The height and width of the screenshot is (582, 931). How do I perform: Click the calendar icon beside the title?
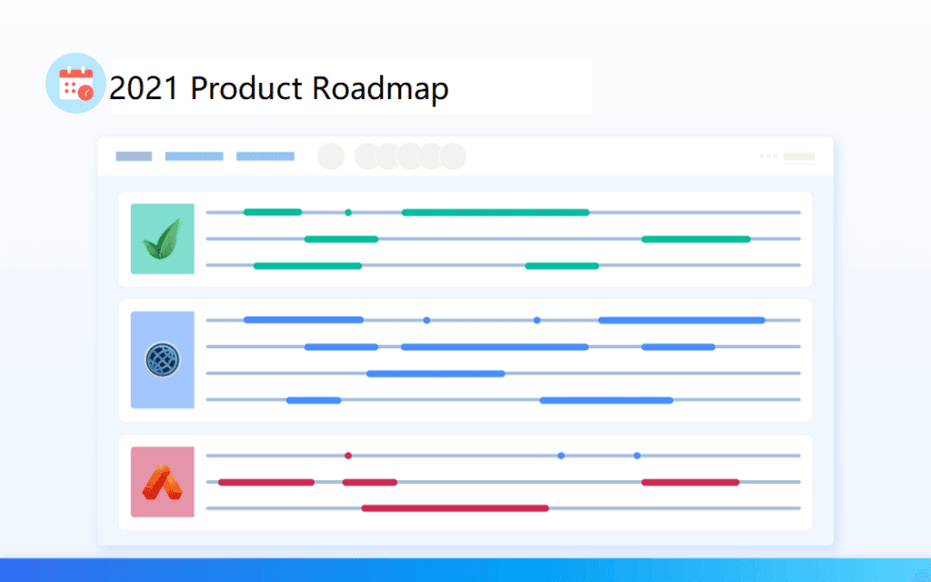point(75,84)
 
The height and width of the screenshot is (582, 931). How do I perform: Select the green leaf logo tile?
point(162,238)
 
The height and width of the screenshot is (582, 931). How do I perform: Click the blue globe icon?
point(162,360)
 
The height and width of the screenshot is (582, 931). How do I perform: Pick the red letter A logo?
point(162,482)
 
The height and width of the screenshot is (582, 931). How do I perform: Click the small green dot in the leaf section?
point(348,213)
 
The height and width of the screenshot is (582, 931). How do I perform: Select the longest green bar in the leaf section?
point(496,213)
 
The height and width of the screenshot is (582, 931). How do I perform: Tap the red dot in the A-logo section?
point(348,456)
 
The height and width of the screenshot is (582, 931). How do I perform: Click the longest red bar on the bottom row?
point(455,508)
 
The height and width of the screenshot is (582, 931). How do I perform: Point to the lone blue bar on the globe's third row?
point(435,373)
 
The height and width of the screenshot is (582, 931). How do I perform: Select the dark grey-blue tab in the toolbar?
point(134,156)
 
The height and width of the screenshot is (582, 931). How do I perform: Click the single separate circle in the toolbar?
point(331,156)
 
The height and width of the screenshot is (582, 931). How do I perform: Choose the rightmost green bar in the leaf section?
point(696,239)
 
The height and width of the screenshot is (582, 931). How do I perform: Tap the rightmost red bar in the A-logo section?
point(690,482)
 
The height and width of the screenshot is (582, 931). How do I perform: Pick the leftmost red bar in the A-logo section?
point(265,482)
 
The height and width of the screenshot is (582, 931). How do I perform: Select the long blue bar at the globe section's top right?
point(681,320)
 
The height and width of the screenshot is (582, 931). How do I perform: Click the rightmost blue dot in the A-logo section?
point(636,456)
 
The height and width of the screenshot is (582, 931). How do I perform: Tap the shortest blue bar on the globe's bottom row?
point(314,400)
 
